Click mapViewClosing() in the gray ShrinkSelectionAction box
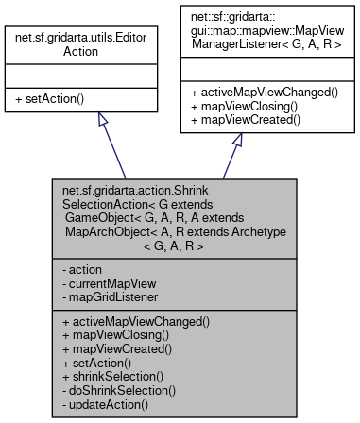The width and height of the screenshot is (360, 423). point(117,335)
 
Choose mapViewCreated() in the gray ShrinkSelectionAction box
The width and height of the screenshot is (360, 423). point(118,349)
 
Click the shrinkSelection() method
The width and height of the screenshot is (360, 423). point(112,377)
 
